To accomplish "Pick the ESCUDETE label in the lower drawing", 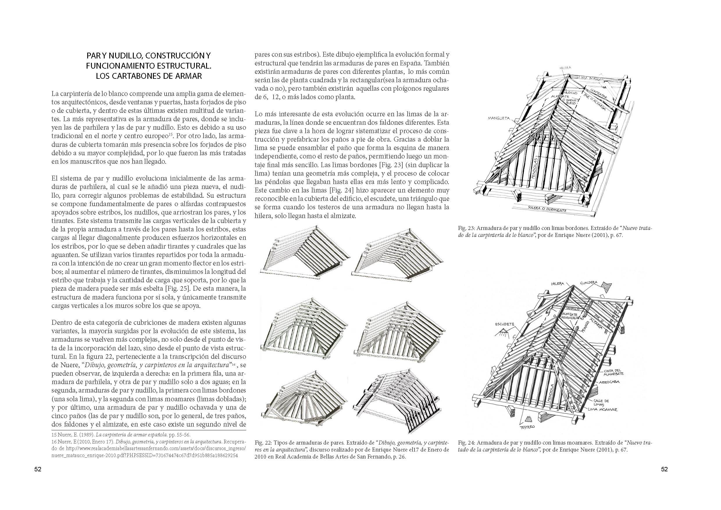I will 504,324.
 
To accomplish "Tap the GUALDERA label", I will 589,282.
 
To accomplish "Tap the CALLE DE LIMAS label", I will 601,403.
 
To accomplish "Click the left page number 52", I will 38,470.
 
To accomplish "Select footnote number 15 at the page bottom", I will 54,435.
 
